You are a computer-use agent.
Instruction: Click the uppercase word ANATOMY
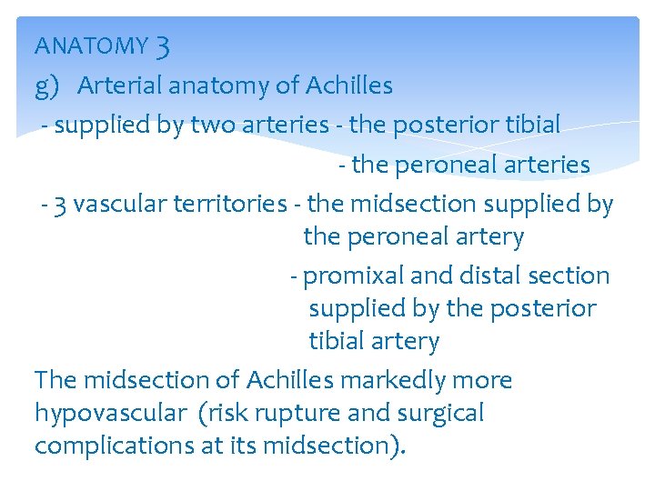coord(91,45)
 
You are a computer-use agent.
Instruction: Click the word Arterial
coord(119,85)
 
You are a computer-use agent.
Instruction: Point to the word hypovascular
coord(110,414)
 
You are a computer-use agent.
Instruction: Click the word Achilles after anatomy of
coord(349,85)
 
